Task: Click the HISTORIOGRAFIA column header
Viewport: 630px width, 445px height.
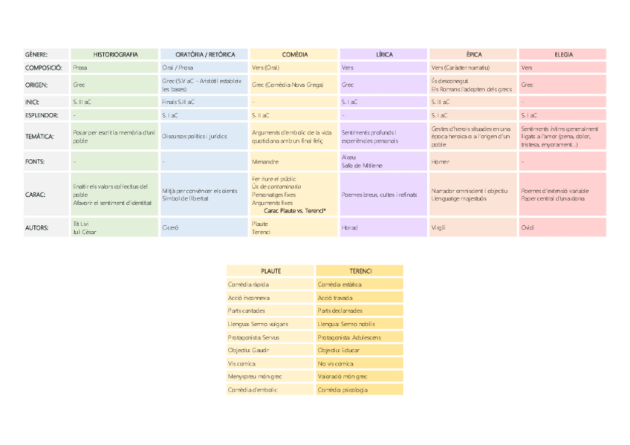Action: [115, 54]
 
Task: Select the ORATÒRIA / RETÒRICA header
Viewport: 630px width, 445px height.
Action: [205, 54]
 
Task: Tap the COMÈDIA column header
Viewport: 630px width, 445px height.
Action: [295, 54]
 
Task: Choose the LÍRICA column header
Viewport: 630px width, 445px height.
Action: [384, 54]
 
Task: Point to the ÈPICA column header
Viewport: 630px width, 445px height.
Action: [473, 54]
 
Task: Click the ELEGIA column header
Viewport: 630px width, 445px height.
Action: [563, 54]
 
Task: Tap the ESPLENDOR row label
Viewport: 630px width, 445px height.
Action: [40, 115]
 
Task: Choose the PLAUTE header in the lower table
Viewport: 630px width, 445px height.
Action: [270, 270]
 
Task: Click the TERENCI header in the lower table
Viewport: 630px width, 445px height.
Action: [360, 270]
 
